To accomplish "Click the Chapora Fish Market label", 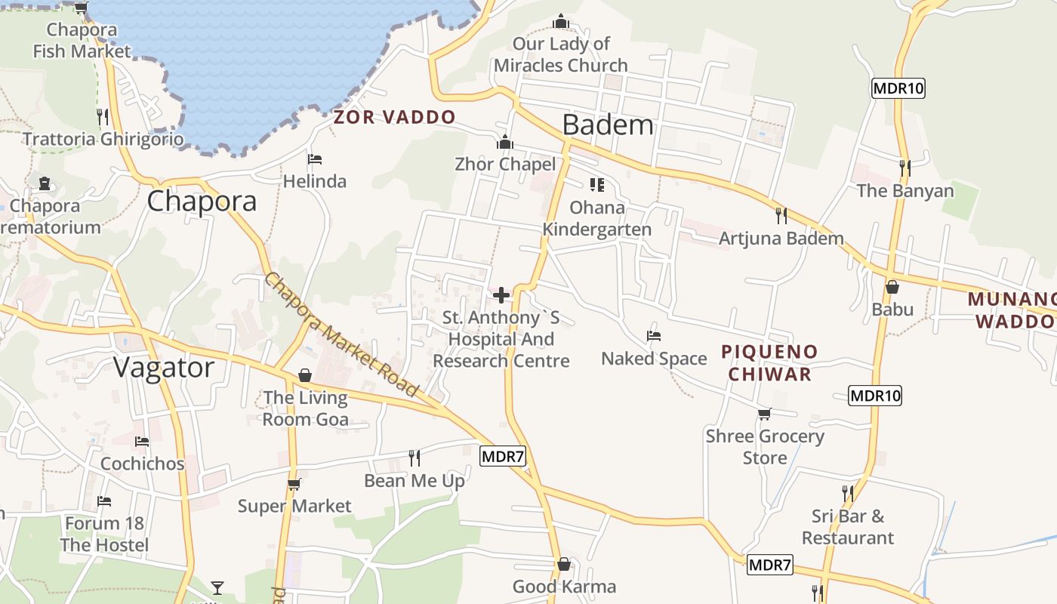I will (82, 41).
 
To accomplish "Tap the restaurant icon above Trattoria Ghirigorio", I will (103, 117).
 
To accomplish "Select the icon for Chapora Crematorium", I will (44, 183).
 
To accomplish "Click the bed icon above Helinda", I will (315, 159).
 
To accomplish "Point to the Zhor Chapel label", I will (505, 164).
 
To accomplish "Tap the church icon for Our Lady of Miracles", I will (561, 21).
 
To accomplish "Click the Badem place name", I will (608, 125).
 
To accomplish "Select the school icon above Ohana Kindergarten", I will (597, 185).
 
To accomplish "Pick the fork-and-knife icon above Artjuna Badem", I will (781, 216).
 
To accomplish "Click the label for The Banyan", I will (905, 191).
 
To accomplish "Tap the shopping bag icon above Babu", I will (892, 287).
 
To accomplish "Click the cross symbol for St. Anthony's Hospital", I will (501, 295).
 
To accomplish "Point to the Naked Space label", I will (654, 359).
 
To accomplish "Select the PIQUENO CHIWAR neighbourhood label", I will (769, 362).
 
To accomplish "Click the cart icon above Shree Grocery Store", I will (764, 414).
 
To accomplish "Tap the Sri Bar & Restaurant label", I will (847, 527).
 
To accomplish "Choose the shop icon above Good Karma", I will (563, 565).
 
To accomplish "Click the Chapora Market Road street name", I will (341, 334).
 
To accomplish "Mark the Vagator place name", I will (164, 368).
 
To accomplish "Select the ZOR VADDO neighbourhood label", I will (395, 117).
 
